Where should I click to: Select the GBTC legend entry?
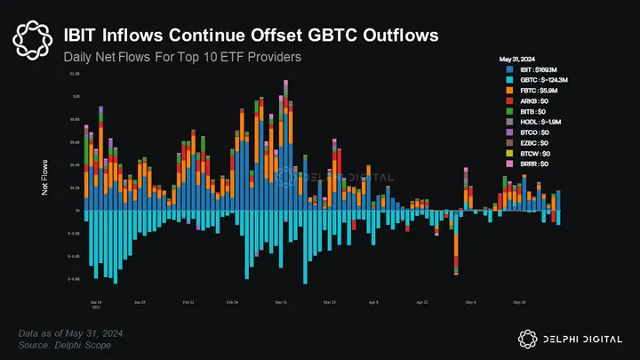(540, 80)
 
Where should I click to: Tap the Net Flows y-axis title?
(44, 178)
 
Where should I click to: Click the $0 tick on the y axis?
(77, 211)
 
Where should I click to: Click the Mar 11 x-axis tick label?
(282, 302)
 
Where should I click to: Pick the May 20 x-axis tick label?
(519, 302)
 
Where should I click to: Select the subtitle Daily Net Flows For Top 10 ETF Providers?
(182, 57)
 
